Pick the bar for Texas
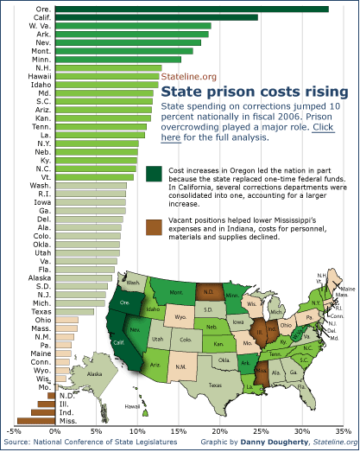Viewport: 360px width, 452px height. tap(74, 312)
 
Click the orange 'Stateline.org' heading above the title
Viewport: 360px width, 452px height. tap(189, 77)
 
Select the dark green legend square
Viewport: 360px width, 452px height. tap(154, 175)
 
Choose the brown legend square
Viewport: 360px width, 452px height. tap(154, 226)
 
